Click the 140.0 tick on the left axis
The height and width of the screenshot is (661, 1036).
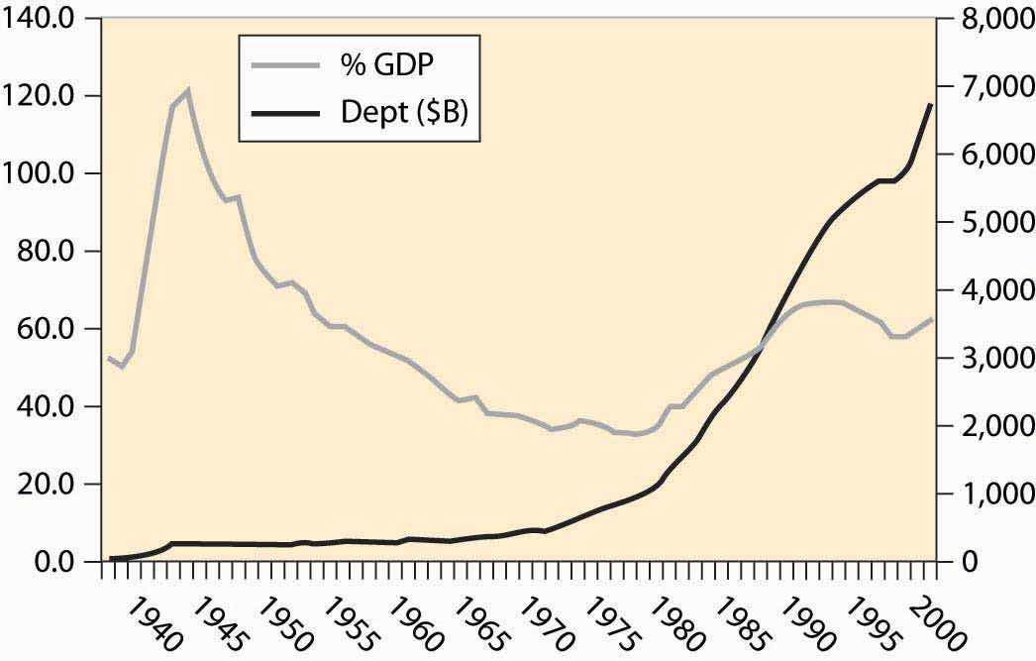tap(45, 19)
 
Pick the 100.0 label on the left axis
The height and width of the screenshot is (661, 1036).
tap(45, 173)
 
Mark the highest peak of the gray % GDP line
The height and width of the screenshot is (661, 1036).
tap(187, 90)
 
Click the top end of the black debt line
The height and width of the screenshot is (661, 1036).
tap(931, 103)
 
